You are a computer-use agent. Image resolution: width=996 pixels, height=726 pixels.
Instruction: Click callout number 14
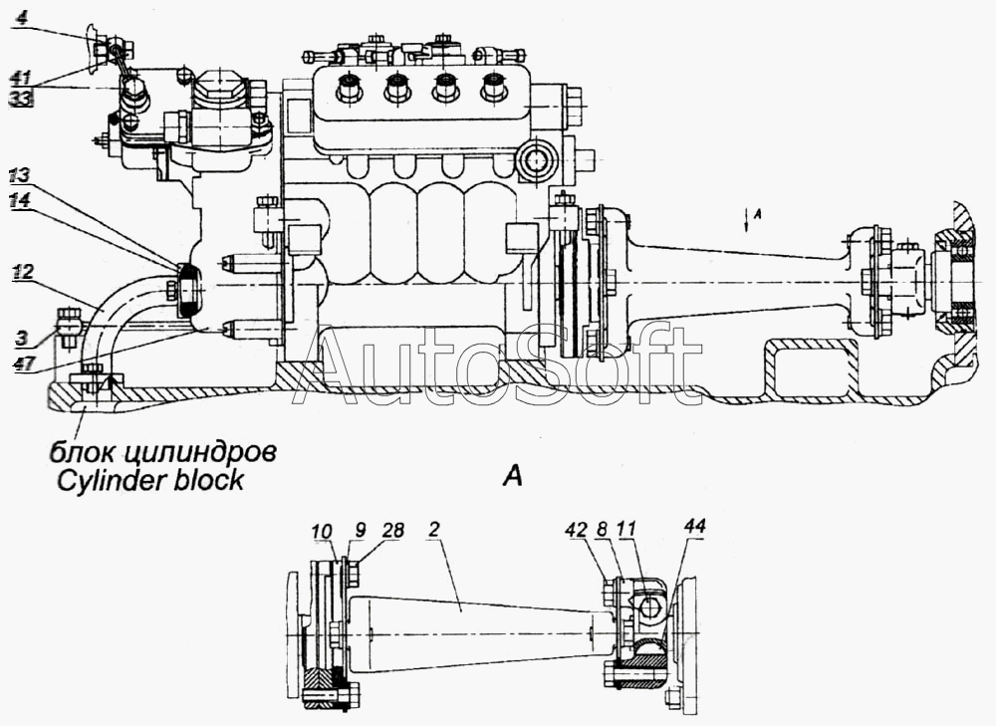[x=20, y=199]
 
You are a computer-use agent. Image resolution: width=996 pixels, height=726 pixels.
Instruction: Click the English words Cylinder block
[x=144, y=480]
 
